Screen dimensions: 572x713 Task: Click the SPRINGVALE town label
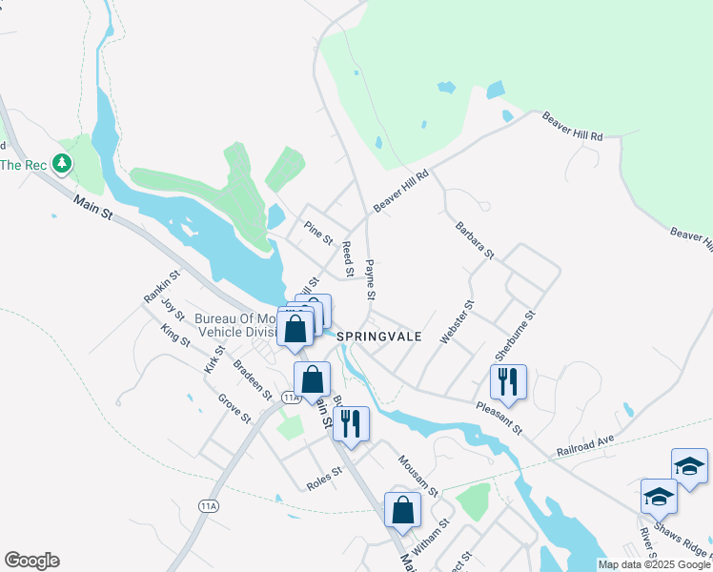click(378, 337)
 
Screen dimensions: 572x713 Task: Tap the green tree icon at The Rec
click(63, 164)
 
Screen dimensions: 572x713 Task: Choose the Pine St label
click(317, 232)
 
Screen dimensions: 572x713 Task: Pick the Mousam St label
click(418, 476)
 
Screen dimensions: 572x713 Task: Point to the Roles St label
click(324, 478)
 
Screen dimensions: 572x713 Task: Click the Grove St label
click(233, 408)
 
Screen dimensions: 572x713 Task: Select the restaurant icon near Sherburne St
click(508, 381)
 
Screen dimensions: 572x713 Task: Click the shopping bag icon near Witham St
click(403, 509)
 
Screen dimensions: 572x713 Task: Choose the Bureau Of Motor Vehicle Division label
click(236, 325)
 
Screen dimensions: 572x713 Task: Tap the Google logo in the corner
click(31, 561)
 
